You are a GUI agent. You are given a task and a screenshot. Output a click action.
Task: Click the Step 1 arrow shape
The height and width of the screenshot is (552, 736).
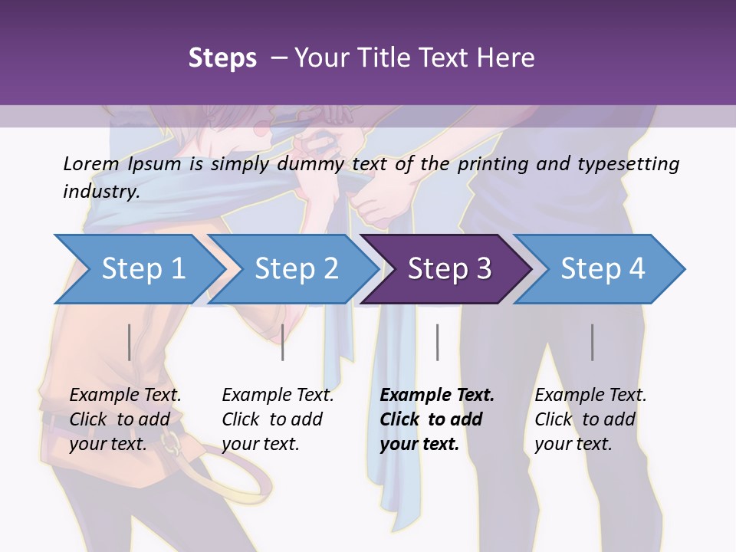pyautogui.click(x=142, y=268)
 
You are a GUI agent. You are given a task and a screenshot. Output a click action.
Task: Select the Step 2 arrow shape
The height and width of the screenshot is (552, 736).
pyautogui.click(x=295, y=268)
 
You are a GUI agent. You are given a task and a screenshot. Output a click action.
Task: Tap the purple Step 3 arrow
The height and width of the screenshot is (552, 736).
pyautogui.click(x=449, y=268)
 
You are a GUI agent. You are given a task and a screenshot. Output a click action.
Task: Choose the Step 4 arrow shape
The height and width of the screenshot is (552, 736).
pyautogui.click(x=602, y=268)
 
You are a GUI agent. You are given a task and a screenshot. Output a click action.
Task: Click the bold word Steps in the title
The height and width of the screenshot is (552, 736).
pyautogui.click(x=222, y=58)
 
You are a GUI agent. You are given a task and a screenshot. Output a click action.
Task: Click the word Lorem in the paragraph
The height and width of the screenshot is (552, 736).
pyautogui.click(x=91, y=163)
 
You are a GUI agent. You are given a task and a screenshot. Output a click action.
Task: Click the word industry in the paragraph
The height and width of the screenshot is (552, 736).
pyautogui.click(x=100, y=191)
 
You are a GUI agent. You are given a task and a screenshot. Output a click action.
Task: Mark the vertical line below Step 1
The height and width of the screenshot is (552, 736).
pyautogui.click(x=129, y=342)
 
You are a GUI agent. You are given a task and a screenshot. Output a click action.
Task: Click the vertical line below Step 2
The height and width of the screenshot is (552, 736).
pyautogui.click(x=283, y=342)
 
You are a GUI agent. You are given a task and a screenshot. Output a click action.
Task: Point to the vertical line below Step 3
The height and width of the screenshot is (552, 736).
pyautogui.click(x=438, y=342)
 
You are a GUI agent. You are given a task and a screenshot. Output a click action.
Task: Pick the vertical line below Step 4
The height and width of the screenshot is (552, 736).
pyautogui.click(x=593, y=342)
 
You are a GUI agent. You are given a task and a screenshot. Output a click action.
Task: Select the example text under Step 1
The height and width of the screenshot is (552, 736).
pyautogui.click(x=125, y=419)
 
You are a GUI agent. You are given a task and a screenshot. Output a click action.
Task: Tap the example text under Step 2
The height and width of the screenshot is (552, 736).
pyautogui.click(x=278, y=419)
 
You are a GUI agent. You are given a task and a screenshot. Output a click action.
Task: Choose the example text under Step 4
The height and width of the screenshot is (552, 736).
pyautogui.click(x=590, y=419)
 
